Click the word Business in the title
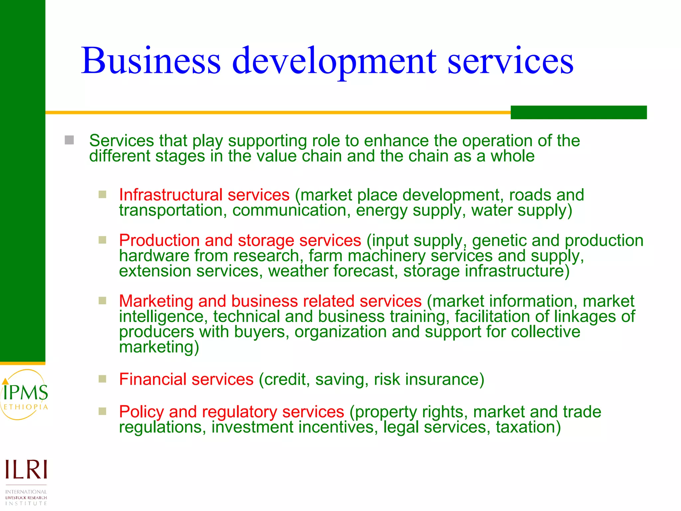151,61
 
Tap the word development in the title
334,62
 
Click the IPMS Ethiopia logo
25,395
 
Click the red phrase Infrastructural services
204,195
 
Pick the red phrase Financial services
186,379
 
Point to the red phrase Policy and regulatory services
231,412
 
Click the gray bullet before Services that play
69,140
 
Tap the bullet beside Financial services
102,379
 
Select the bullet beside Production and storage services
102,240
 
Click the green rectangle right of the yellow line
579,112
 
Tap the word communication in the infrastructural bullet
289,210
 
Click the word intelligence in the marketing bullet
161,316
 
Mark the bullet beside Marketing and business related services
102,301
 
